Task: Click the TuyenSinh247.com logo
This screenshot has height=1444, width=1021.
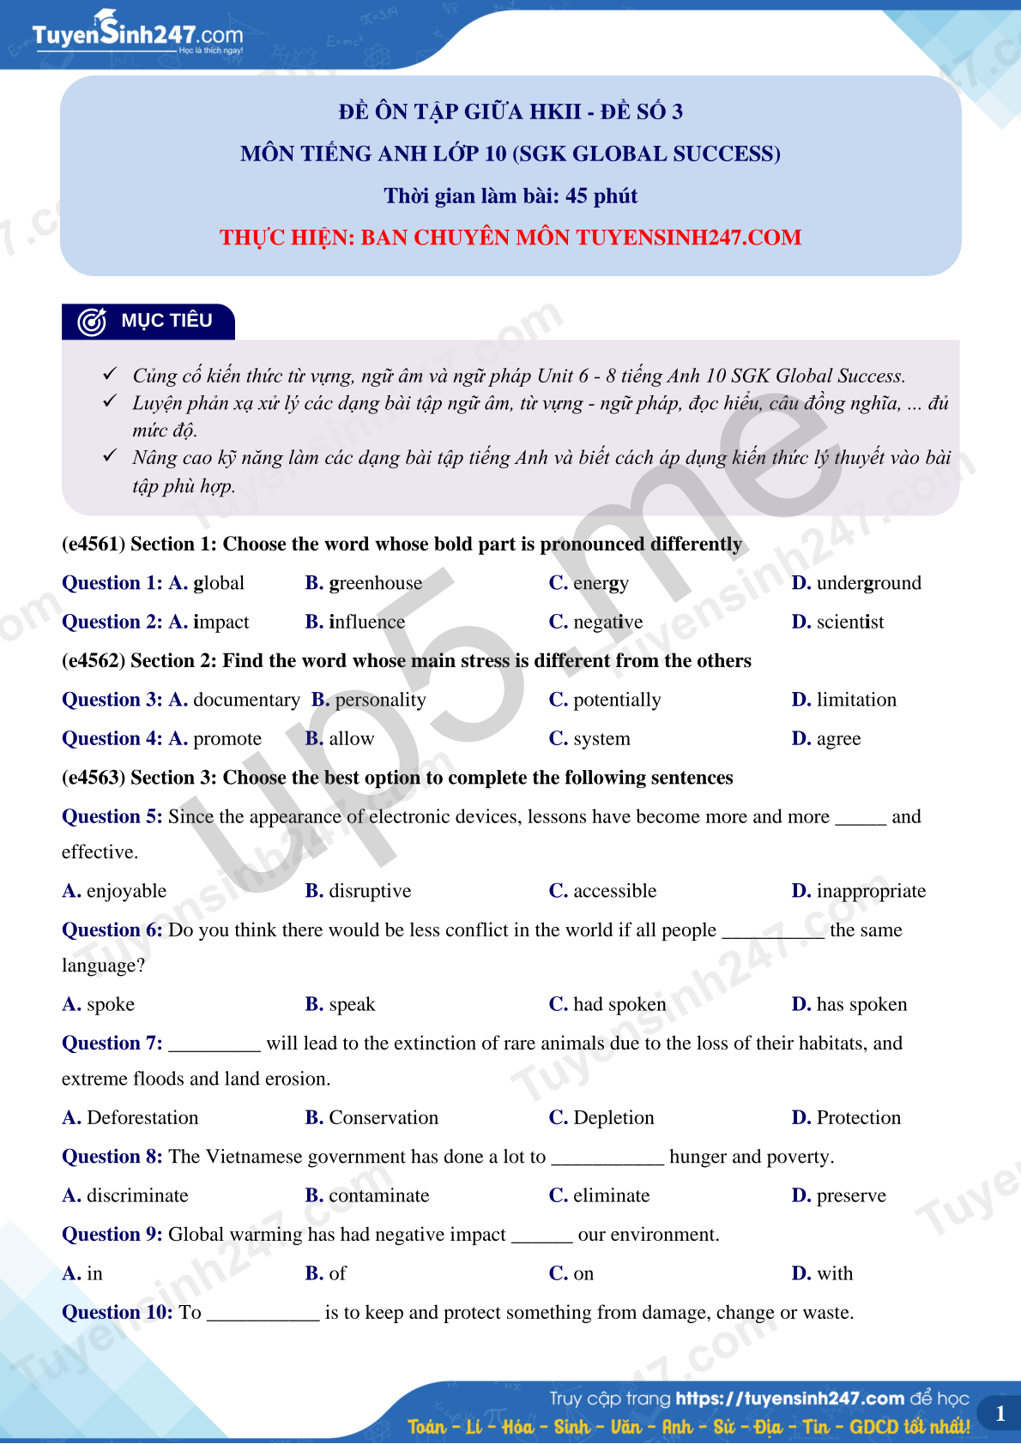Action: pyautogui.click(x=137, y=34)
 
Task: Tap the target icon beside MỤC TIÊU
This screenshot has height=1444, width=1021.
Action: pyautogui.click(x=92, y=322)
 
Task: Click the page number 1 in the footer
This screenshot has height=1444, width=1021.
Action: pyautogui.click(x=1000, y=1414)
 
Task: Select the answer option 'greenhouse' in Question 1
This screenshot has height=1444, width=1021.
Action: pyautogui.click(x=375, y=583)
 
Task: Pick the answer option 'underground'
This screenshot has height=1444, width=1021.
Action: pyautogui.click(x=868, y=583)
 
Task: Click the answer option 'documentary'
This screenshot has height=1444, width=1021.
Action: pyautogui.click(x=246, y=700)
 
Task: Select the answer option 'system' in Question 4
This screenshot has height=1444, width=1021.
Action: pyautogui.click(x=601, y=738)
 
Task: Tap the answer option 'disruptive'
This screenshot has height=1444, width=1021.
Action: pyautogui.click(x=370, y=891)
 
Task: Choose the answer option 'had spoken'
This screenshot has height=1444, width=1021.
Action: pyautogui.click(x=619, y=1004)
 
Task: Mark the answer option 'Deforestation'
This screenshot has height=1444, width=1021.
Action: pyautogui.click(x=142, y=1117)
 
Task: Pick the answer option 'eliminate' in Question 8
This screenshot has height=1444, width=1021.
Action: pyautogui.click(x=611, y=1195)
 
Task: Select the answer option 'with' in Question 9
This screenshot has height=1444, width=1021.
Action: pyautogui.click(x=834, y=1273)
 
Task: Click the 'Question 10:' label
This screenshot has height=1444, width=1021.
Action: pyautogui.click(x=118, y=1312)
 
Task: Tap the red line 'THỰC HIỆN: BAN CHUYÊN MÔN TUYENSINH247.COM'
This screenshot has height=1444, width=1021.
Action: pyautogui.click(x=510, y=238)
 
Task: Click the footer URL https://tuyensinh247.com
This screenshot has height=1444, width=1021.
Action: pyautogui.click(x=789, y=1399)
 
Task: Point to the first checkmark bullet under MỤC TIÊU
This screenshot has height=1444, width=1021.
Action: pyautogui.click(x=110, y=374)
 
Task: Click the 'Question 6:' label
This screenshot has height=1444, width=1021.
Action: pyautogui.click(x=112, y=930)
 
